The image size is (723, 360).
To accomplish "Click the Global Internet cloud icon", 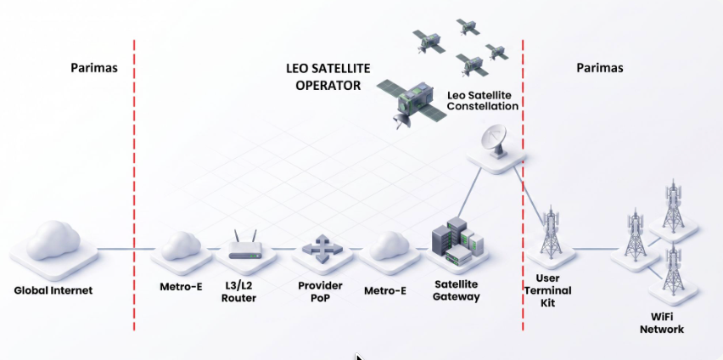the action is pos(53,240).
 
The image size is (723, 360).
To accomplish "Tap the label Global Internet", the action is pos(53,290).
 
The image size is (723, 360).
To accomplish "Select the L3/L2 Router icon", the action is pos(245,245).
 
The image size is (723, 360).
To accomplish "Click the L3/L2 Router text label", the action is pos(238,292).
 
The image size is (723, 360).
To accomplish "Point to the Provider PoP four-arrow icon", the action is pos(322,247).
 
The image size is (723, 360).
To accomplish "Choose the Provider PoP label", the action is pos(320,291).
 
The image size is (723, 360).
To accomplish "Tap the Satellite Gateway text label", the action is pos(456,290).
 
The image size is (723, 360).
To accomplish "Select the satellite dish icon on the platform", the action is pos(494,141).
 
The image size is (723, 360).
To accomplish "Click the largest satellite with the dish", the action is pos(412,103).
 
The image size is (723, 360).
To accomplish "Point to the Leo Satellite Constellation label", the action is pos(483,101).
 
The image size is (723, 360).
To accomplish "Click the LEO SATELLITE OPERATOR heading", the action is pos(328,76).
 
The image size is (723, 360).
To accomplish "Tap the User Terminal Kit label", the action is pos(548,290).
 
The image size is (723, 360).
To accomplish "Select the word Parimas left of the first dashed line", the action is pos(94,68).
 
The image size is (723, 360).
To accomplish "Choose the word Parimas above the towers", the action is pos(600,68).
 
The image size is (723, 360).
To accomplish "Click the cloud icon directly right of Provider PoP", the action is pos(390,245).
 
